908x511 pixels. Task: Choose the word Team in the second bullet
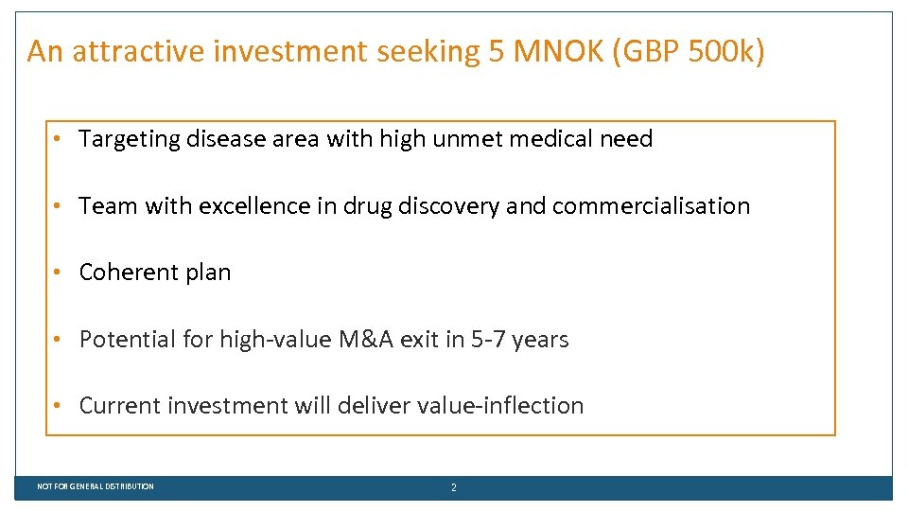108,205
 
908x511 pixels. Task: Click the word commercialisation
651,205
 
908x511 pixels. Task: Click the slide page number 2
453,487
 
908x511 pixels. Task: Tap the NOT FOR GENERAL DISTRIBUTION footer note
96,486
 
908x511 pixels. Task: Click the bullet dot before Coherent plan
59,273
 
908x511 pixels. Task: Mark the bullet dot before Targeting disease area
59,139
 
